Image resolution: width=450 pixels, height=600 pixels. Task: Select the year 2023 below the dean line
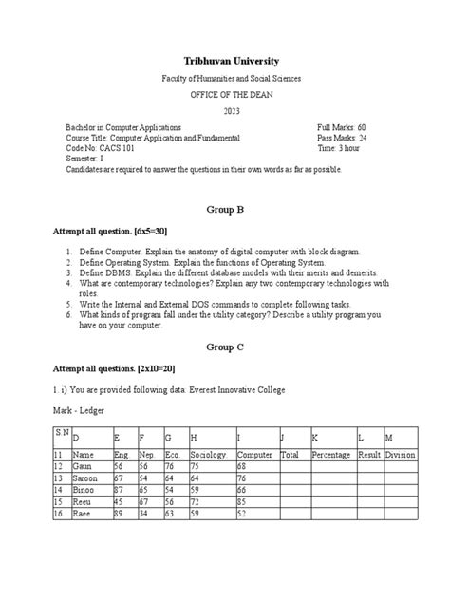tap(225, 111)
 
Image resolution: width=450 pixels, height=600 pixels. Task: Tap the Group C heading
tap(225, 347)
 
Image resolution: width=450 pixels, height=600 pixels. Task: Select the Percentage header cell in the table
tap(331, 455)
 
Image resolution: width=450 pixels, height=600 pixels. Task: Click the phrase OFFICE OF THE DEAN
tap(225, 95)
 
